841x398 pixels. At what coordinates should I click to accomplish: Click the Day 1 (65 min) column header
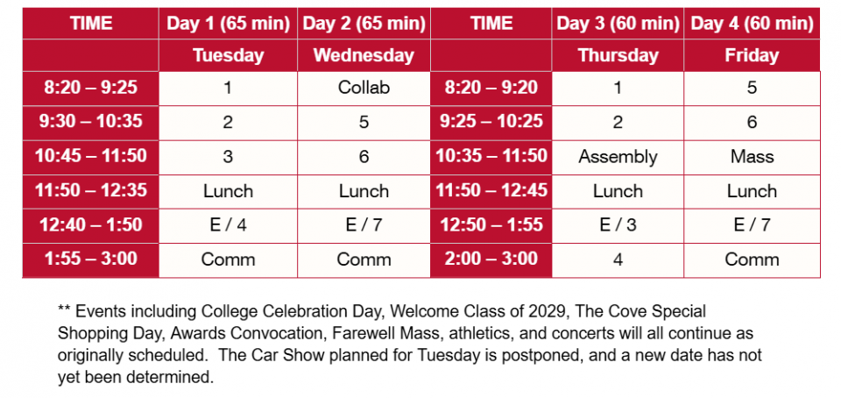tap(228, 24)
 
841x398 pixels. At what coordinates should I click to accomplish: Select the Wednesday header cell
tap(364, 55)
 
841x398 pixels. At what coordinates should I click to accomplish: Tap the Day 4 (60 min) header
tap(752, 24)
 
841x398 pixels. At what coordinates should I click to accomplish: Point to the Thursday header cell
tap(618, 55)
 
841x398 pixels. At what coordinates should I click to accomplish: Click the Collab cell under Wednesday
tap(364, 88)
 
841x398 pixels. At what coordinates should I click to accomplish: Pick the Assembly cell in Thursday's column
tap(618, 157)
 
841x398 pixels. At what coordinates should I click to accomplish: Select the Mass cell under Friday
tap(752, 157)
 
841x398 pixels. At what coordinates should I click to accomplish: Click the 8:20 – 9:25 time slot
tap(90, 88)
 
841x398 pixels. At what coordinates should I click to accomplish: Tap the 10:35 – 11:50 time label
tap(491, 157)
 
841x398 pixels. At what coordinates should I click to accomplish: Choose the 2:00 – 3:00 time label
tap(491, 259)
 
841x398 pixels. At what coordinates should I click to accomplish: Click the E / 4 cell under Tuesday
tap(228, 225)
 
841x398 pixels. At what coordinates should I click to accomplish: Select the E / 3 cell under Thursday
tap(618, 225)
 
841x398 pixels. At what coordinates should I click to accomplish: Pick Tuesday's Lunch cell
tap(228, 191)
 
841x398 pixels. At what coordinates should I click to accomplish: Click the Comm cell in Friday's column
tap(752, 259)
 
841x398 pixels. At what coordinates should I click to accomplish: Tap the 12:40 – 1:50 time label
tap(90, 225)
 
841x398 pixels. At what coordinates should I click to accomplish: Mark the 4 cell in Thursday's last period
tap(618, 259)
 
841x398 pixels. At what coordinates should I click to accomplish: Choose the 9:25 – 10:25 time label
tap(491, 123)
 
